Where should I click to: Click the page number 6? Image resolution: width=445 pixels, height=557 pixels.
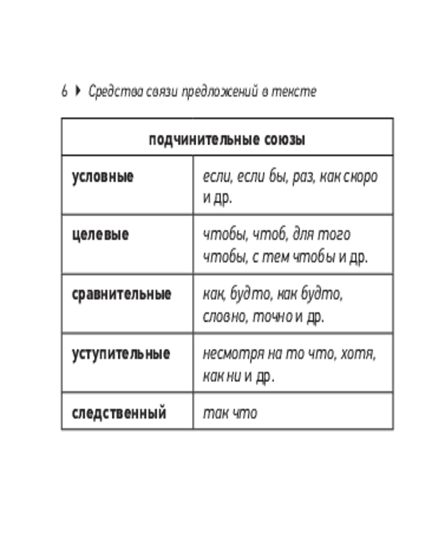[x=65, y=91]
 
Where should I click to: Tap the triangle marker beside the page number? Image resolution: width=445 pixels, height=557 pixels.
[x=77, y=91]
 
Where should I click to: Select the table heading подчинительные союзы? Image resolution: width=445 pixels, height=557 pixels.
[x=227, y=139]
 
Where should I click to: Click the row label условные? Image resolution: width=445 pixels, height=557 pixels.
[x=103, y=177]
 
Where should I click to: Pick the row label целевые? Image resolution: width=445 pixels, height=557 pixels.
[x=100, y=234]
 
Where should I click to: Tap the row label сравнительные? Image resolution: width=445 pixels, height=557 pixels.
[x=121, y=294]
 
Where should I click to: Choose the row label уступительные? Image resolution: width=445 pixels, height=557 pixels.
[x=121, y=354]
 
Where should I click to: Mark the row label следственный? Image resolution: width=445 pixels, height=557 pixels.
[x=119, y=413]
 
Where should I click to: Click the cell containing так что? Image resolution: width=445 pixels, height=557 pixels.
[x=230, y=413]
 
